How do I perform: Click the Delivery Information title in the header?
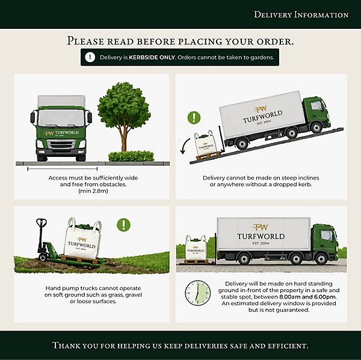[301, 14]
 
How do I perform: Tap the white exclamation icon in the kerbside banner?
[90, 57]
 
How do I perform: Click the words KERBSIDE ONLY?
[152, 57]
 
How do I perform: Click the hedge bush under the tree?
[131, 156]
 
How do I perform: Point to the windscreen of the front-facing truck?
[61, 118]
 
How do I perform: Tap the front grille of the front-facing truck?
[61, 145]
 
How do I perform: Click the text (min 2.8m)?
[93, 191]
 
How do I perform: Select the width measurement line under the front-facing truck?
[63, 169]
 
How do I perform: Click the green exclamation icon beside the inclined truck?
[194, 118]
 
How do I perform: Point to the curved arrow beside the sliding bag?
[185, 146]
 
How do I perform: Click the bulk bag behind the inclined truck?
[205, 144]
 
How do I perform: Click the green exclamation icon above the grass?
[123, 225]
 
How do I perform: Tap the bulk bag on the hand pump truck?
[82, 239]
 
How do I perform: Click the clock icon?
[198, 293]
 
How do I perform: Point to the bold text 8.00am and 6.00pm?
[307, 297]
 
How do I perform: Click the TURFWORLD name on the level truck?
[261, 236]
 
